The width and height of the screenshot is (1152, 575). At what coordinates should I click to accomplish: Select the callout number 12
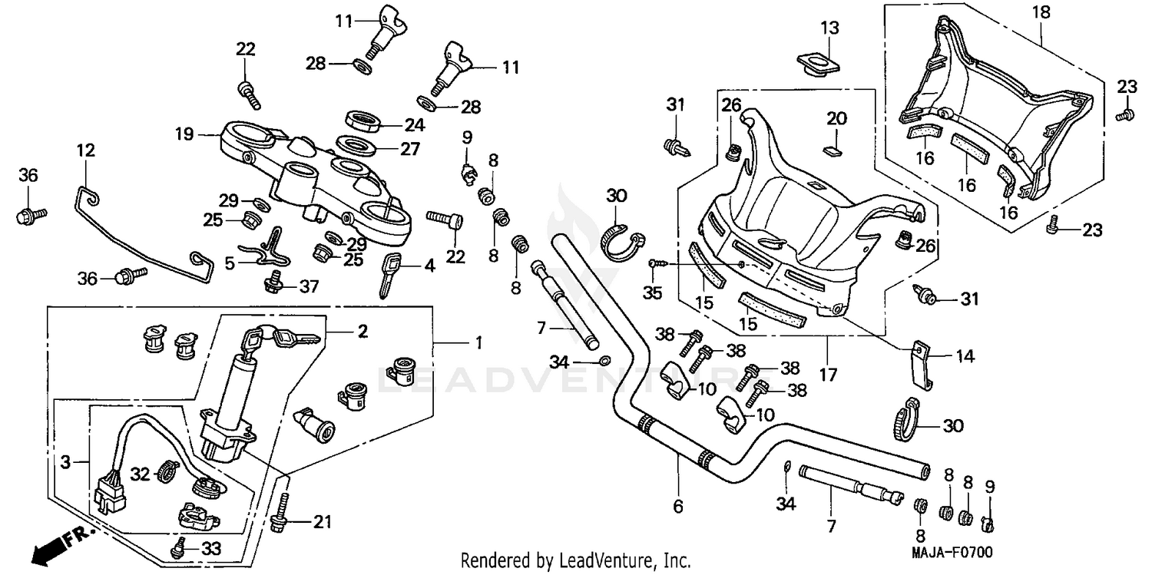click(x=86, y=151)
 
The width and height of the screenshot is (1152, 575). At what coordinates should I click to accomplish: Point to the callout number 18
click(x=1041, y=13)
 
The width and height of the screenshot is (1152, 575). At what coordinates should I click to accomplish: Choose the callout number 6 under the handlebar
click(x=678, y=507)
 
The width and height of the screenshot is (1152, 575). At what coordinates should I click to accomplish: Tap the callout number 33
click(x=210, y=549)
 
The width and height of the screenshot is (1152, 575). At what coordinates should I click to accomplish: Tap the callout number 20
click(x=836, y=118)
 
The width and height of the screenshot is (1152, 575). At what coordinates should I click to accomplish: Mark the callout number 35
click(x=653, y=293)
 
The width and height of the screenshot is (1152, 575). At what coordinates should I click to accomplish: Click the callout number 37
click(x=309, y=286)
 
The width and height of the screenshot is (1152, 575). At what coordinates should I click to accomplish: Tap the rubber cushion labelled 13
click(x=816, y=61)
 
